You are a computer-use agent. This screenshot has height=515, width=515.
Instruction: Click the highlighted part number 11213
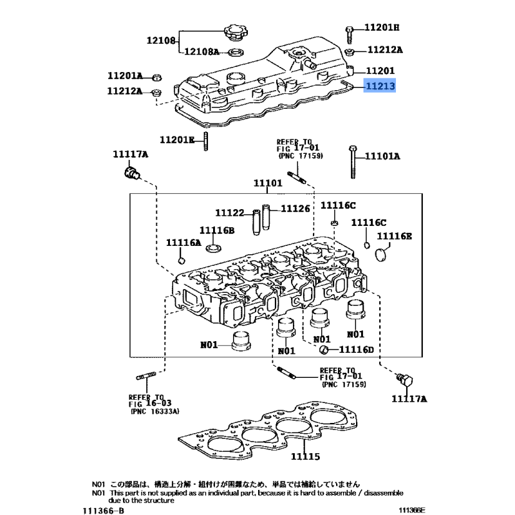(x=380, y=86)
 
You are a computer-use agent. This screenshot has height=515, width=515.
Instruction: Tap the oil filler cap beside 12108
(x=236, y=33)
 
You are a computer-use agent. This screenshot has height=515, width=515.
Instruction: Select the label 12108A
(x=201, y=51)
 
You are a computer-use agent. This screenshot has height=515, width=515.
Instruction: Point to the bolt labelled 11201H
(x=349, y=35)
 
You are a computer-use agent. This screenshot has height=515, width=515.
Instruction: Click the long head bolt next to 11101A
(x=353, y=162)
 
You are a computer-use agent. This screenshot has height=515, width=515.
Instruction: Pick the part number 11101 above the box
(x=268, y=183)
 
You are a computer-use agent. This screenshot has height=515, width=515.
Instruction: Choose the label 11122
(x=230, y=213)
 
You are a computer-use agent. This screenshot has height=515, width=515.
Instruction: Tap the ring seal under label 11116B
(x=214, y=248)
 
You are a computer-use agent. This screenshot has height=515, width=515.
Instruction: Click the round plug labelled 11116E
(x=380, y=255)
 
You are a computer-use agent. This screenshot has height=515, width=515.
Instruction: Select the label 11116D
(x=357, y=350)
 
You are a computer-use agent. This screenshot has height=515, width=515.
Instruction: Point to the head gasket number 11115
(x=305, y=456)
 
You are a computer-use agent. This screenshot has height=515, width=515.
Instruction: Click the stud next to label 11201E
(x=205, y=142)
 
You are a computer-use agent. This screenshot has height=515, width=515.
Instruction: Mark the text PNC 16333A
(x=155, y=411)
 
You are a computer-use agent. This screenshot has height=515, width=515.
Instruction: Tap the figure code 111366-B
(x=104, y=510)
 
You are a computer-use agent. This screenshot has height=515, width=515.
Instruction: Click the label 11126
(x=295, y=209)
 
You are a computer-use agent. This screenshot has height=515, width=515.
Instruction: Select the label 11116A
(x=183, y=243)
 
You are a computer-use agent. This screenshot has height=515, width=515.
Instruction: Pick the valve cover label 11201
(x=380, y=71)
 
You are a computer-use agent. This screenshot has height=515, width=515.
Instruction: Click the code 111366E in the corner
(x=412, y=510)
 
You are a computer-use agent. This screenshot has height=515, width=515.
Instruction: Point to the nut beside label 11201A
(x=157, y=77)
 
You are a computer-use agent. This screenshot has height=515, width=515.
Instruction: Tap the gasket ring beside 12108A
(x=236, y=52)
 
